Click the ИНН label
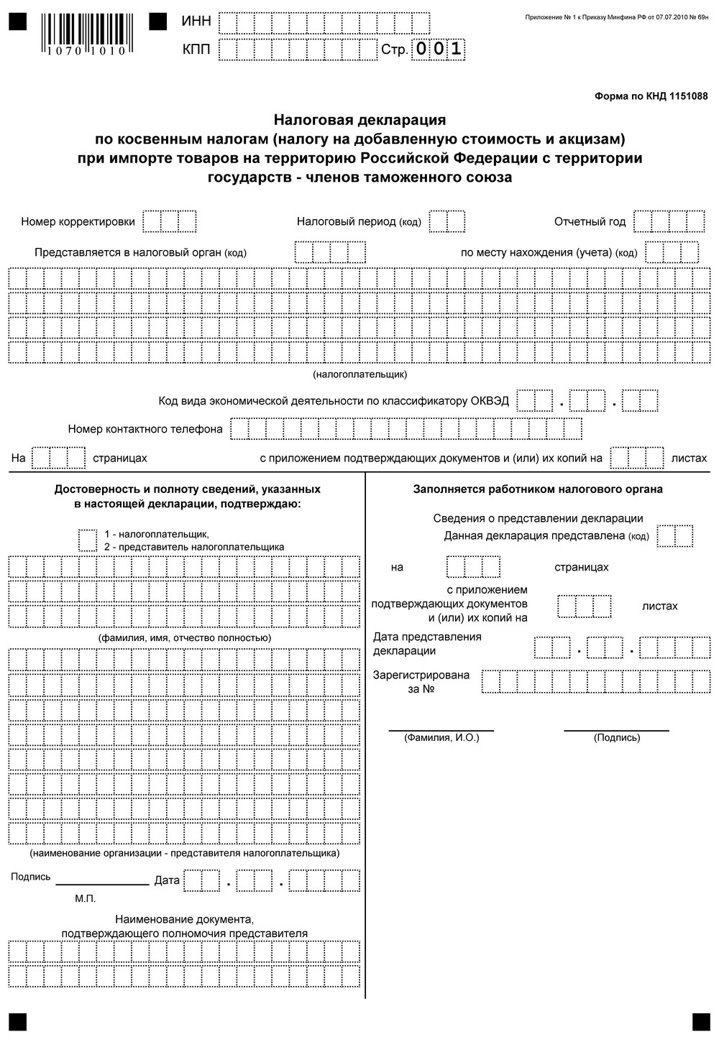[196, 22]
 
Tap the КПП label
[196, 50]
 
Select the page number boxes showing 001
[437, 49]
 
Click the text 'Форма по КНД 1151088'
[651, 96]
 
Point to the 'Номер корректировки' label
[78, 222]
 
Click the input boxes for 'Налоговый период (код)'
[446, 221]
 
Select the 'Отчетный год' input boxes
[669, 221]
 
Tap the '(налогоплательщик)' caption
[359, 374]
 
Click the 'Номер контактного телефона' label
[145, 429]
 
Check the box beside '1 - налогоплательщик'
[87, 540]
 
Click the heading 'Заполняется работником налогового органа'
[538, 489]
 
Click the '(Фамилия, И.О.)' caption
[441, 738]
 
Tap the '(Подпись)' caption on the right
[616, 738]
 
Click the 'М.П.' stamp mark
[85, 899]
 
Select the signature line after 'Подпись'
[102, 882]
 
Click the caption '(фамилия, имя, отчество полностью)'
[185, 638]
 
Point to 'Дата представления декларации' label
[427, 644]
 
